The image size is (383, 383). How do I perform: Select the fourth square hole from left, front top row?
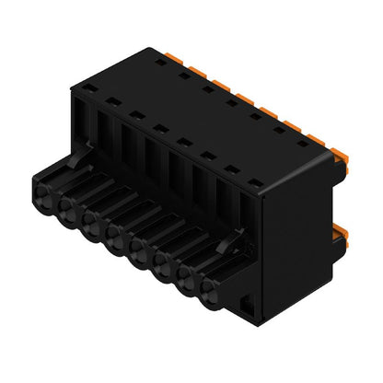point(159,128)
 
